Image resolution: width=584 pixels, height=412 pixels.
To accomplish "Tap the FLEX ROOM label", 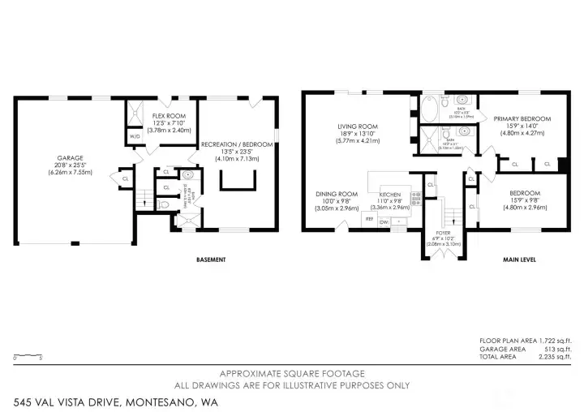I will tap(171, 116).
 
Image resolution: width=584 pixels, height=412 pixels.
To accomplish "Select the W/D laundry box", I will tap(135, 136).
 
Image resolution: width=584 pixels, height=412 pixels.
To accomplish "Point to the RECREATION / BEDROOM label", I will tap(237, 144).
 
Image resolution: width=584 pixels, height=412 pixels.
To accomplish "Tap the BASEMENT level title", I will tap(211, 260).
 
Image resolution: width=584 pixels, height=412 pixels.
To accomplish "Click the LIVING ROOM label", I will tap(359, 127).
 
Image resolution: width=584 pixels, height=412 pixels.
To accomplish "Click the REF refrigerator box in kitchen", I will tap(369, 220).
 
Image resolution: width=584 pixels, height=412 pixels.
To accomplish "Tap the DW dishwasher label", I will tap(384, 221).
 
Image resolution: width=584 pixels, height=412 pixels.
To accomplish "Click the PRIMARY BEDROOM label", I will tap(522, 119).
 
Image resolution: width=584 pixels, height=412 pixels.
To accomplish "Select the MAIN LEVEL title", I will tap(517, 260).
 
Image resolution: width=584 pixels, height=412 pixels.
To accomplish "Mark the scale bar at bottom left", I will tap(29, 355).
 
